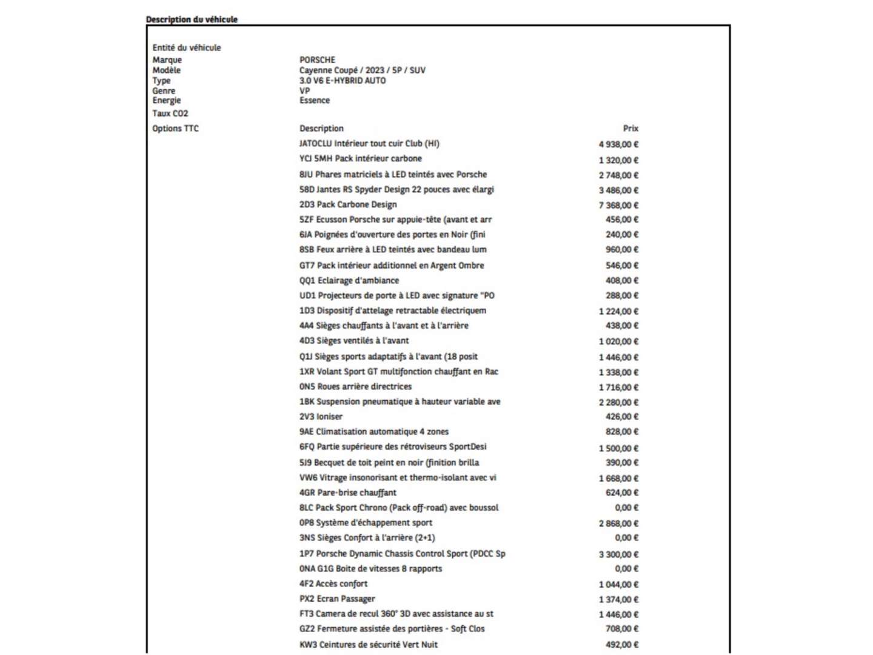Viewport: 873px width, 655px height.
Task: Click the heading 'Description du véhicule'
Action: (x=192, y=19)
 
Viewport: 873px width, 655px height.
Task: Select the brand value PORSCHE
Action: (x=317, y=59)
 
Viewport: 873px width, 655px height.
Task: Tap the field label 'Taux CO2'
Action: (x=170, y=113)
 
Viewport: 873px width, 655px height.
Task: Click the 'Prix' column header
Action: (x=630, y=129)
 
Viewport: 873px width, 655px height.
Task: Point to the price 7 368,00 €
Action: (x=618, y=205)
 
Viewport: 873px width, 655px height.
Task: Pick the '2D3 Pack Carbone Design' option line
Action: (x=348, y=204)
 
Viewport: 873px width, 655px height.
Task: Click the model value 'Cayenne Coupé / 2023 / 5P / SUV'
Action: (x=362, y=70)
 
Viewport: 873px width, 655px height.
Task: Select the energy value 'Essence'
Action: (x=315, y=101)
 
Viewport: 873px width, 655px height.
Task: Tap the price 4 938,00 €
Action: (x=618, y=144)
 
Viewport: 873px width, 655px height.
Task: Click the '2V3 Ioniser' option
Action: (x=321, y=417)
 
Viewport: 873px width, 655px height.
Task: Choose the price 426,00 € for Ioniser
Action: (x=622, y=417)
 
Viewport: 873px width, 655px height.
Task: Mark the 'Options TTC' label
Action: (x=175, y=129)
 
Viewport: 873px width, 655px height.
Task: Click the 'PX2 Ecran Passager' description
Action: (x=337, y=599)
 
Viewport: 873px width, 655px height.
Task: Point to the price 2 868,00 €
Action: (x=618, y=523)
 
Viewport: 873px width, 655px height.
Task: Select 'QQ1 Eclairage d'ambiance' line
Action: (x=349, y=280)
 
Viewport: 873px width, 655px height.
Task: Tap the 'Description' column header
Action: (x=321, y=129)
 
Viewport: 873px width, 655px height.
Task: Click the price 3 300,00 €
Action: (x=618, y=554)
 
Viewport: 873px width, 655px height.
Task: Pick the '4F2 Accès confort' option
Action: (x=333, y=583)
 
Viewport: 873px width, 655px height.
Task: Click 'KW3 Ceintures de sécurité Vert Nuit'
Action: (x=368, y=644)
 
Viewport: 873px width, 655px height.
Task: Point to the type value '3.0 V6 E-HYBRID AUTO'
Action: (x=343, y=80)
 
